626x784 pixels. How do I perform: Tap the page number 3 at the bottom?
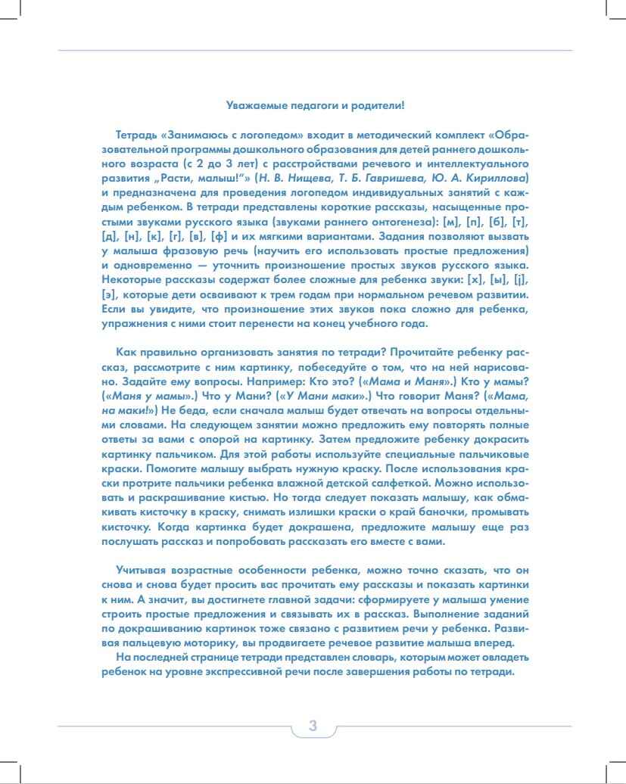(x=313, y=726)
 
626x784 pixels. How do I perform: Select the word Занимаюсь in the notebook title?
(x=198, y=133)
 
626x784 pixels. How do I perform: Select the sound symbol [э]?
(x=110, y=294)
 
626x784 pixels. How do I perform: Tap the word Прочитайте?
(x=434, y=353)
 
